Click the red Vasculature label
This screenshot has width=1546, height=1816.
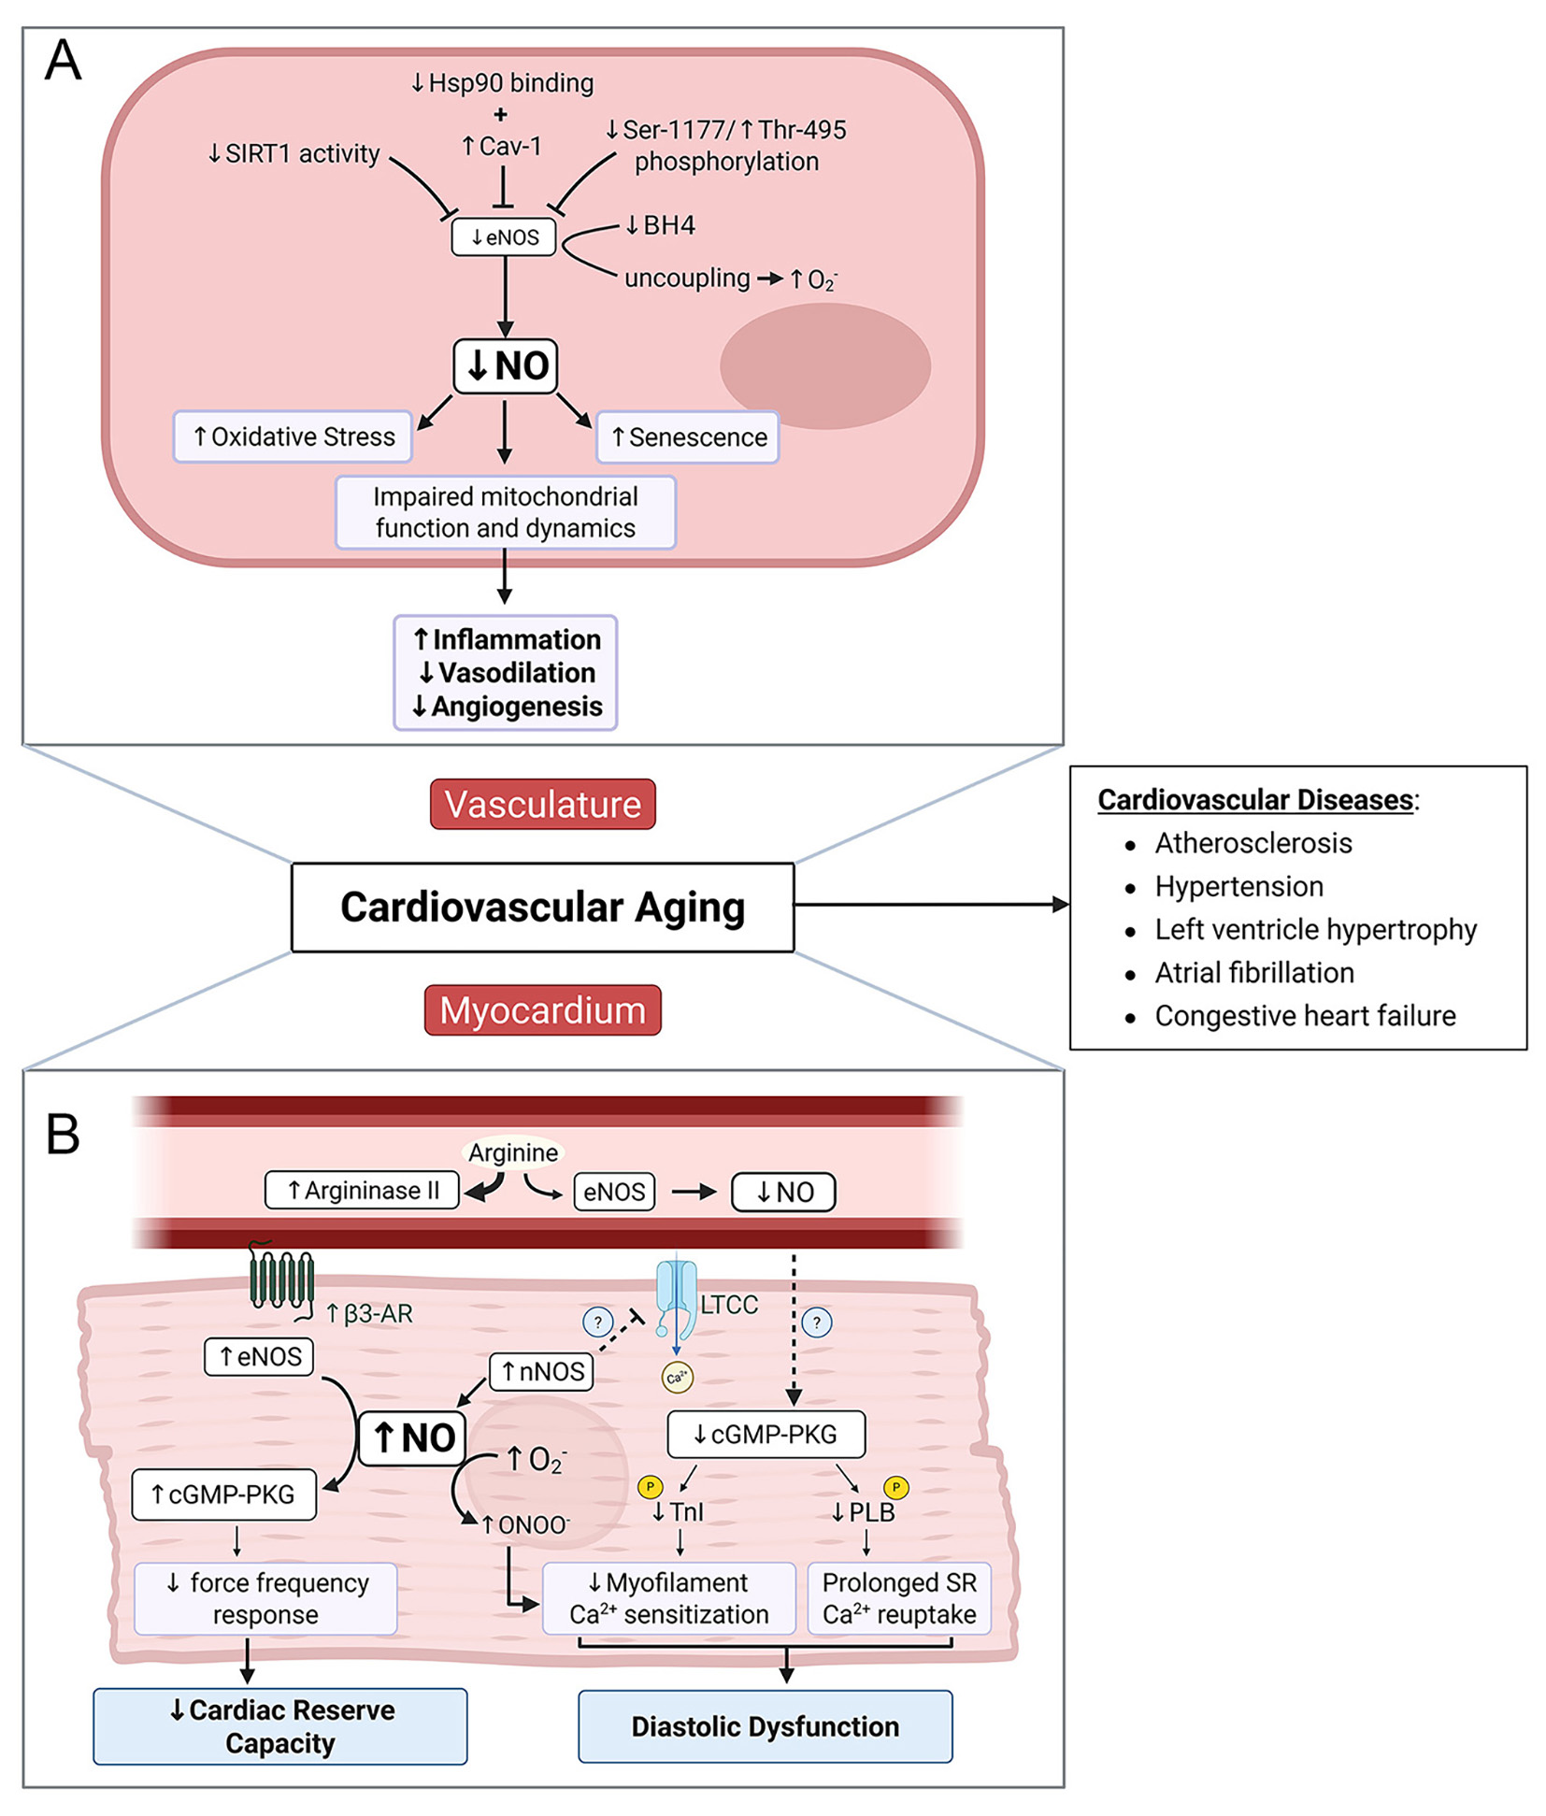tap(542, 804)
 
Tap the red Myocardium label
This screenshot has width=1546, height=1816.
tap(542, 1010)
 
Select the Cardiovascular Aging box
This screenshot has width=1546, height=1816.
tap(542, 907)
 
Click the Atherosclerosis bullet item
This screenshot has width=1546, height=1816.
tap(1253, 843)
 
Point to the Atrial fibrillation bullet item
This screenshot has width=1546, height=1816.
tap(1253, 972)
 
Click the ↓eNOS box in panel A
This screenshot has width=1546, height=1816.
tap(504, 237)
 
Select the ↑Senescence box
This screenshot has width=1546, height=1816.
tap(688, 437)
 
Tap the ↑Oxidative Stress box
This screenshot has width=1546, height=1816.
tap(293, 436)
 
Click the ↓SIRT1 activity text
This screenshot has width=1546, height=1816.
tap(293, 153)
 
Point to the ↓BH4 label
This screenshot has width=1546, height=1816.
tap(660, 225)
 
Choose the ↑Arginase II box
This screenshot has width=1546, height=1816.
tap(362, 1190)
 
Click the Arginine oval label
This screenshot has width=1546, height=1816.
tap(513, 1152)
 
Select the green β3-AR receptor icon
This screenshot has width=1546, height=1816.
tap(280, 1279)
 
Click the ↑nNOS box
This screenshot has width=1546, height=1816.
tap(541, 1371)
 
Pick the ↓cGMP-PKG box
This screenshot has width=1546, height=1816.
tap(766, 1434)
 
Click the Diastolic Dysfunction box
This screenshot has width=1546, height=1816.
tap(765, 1726)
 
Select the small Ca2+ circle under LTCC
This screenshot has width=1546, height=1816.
tap(677, 1377)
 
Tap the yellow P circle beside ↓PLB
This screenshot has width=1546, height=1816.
tap(895, 1486)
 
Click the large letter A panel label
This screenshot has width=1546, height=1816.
tap(64, 61)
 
